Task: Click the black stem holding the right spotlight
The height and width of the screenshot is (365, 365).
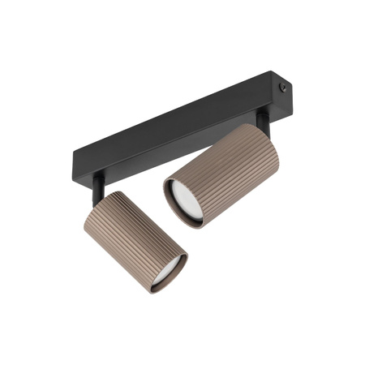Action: tap(261, 121)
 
